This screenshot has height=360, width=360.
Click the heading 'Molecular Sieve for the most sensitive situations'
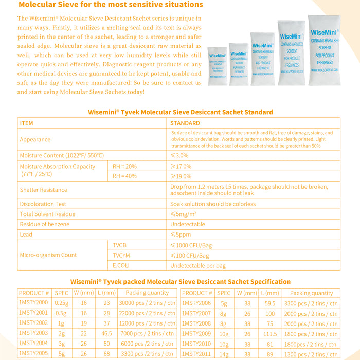pyautogui.click(x=111, y=5)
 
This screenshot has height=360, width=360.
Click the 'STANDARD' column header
pyautogui.click(x=185, y=123)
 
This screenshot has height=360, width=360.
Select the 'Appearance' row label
pyautogui.click(x=35, y=139)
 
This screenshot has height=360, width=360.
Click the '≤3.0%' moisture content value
pyautogui.click(x=179, y=155)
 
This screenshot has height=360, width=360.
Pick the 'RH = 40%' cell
pyautogui.click(x=125, y=176)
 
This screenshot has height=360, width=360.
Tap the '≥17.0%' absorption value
pyautogui.click(x=181, y=166)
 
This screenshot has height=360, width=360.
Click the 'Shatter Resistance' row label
pyautogui.click(x=43, y=190)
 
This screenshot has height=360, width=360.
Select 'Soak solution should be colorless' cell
pyautogui.click(x=213, y=204)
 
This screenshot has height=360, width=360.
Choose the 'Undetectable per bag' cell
pyautogui.click(x=198, y=266)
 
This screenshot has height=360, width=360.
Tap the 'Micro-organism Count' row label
pyautogui.click(x=48, y=255)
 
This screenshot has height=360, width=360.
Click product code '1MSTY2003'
pyautogui.click(x=33, y=333)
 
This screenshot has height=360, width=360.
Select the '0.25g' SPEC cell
pyautogui.click(x=62, y=303)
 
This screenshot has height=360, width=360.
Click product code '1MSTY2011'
pyautogui.click(x=197, y=354)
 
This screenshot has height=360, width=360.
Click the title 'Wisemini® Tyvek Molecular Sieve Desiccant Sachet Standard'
pyautogui.click(x=180, y=112)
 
